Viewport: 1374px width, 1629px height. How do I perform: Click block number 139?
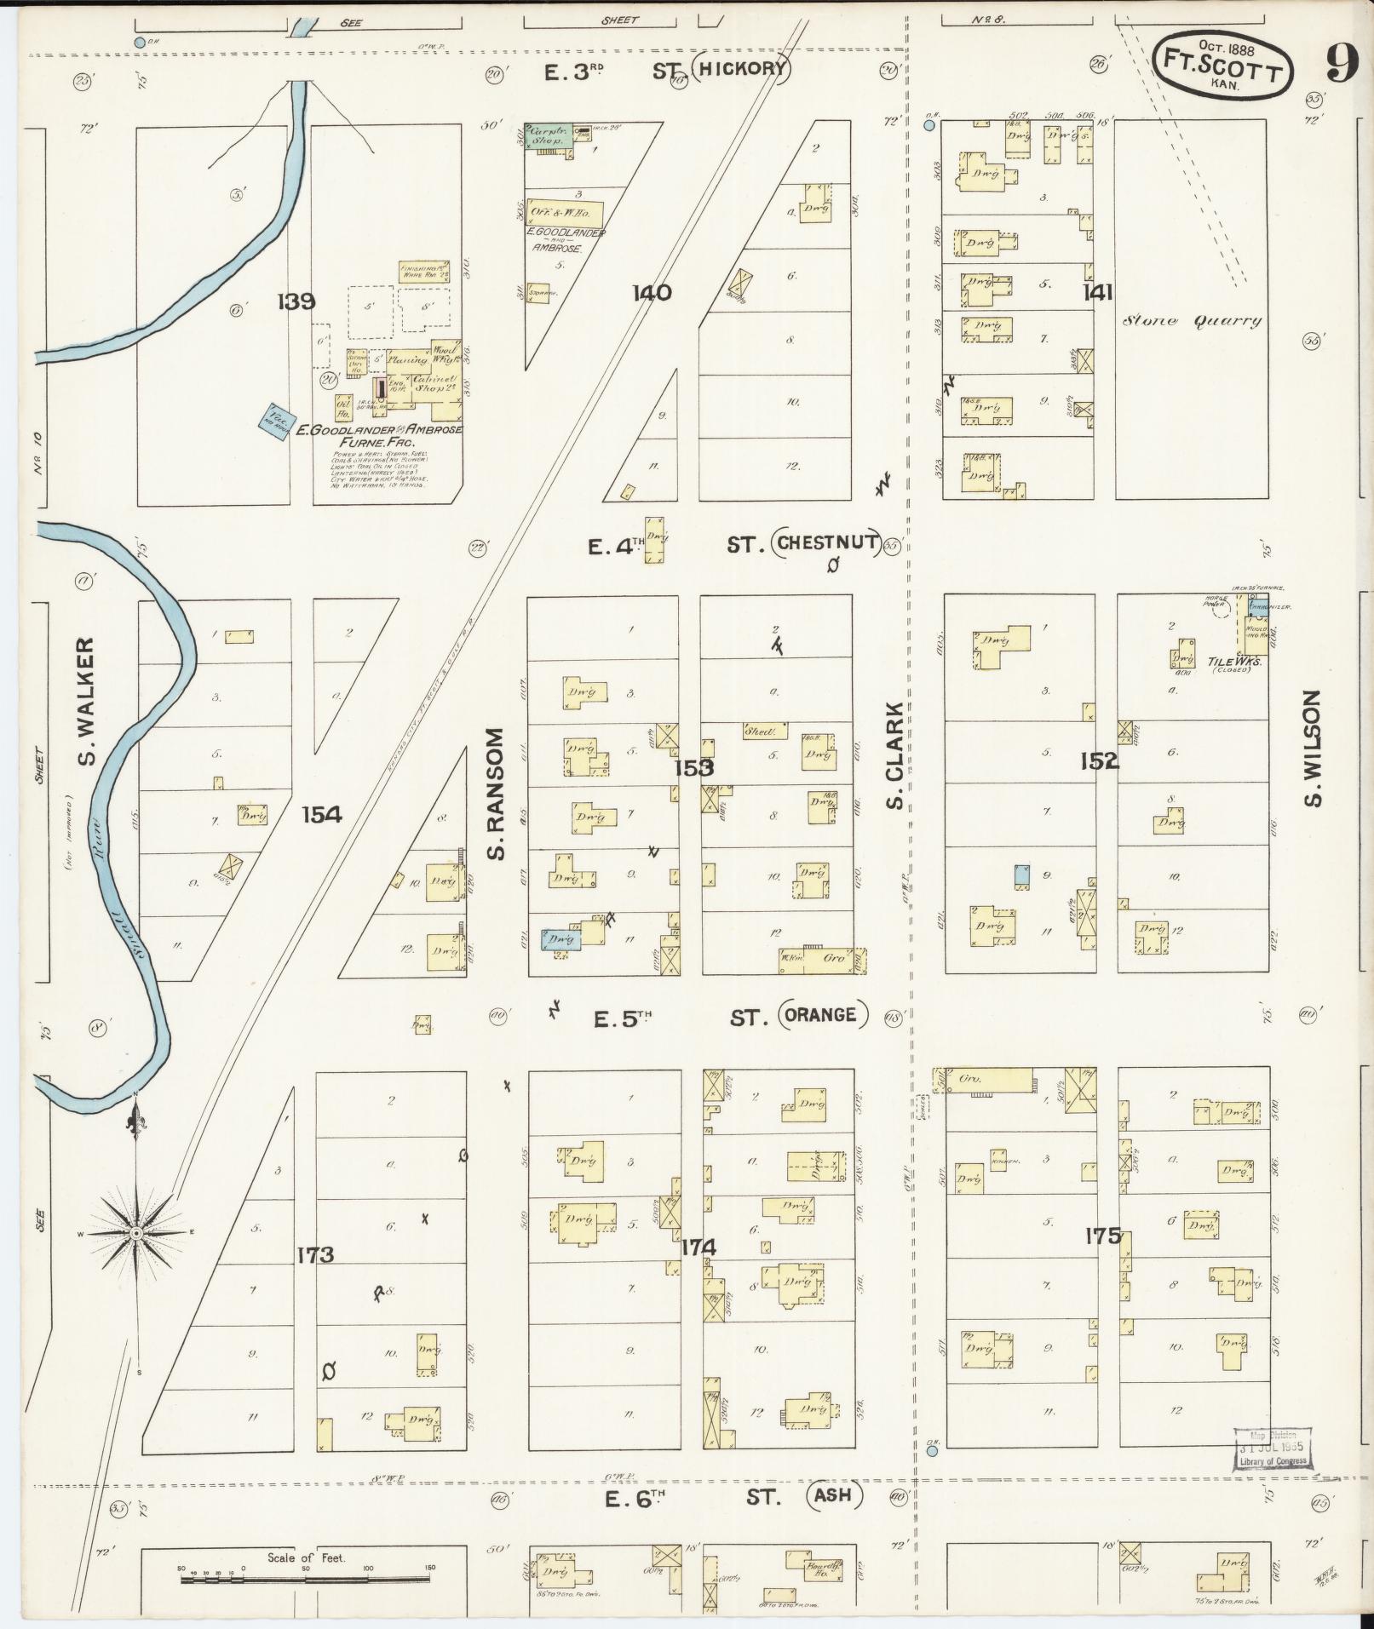[x=296, y=301]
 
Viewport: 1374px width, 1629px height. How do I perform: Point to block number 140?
[x=652, y=293]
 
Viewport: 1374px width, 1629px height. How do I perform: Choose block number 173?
[x=314, y=1254]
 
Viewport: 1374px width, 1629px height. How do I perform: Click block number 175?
[x=1103, y=1236]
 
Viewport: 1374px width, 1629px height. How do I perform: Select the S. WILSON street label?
[x=1312, y=749]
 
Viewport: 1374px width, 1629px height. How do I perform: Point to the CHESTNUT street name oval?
[x=826, y=542]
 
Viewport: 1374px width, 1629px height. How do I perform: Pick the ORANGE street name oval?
[x=822, y=1014]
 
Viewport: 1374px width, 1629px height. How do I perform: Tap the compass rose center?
[x=136, y=1232]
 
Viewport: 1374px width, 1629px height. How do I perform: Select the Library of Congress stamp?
[x=1273, y=1448]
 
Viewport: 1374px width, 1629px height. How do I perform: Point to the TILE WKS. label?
[x=1228, y=661]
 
